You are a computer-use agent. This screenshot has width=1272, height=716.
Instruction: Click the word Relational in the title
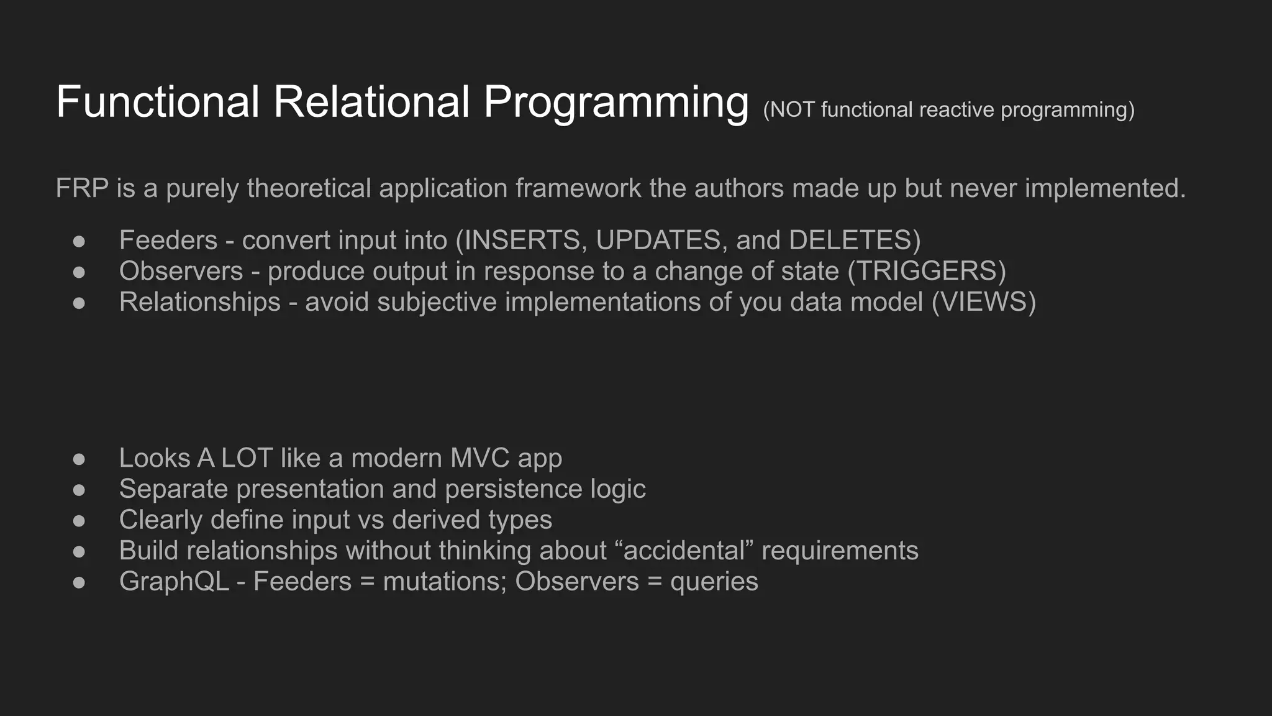tap(371, 103)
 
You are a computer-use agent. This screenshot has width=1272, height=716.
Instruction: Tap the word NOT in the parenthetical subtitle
tap(791, 110)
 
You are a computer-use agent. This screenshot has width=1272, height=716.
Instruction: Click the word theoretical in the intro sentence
tap(309, 188)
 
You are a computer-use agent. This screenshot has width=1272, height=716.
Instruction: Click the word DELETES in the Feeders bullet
tap(850, 241)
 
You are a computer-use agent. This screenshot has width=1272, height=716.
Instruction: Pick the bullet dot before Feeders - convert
tap(79, 241)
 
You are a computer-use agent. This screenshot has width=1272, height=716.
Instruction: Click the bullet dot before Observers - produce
tap(79, 272)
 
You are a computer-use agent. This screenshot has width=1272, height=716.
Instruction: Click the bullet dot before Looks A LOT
tap(79, 459)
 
